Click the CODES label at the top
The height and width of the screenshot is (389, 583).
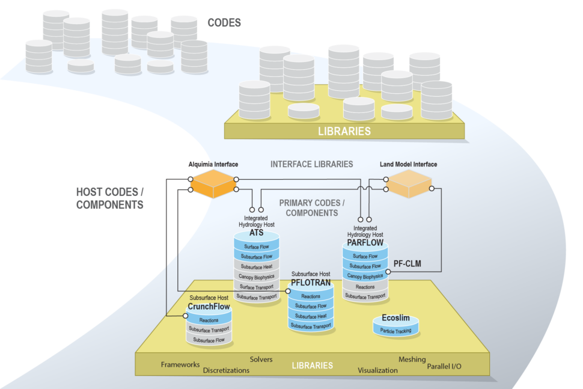224,23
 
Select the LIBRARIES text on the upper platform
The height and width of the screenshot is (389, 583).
344,130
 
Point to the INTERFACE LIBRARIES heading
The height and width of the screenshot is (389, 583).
311,164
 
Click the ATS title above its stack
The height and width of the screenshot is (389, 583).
257,232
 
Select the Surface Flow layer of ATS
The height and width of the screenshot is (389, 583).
257,247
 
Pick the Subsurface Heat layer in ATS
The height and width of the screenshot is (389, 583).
257,266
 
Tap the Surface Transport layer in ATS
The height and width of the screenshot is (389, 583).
257,286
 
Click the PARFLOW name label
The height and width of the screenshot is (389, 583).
365,242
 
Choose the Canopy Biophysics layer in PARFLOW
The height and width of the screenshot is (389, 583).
365,276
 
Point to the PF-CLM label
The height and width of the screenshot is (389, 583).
406,263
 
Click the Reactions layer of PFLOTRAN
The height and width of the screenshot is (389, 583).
311,296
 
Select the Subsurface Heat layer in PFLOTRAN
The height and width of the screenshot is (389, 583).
311,316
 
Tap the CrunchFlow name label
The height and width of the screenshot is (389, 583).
208,307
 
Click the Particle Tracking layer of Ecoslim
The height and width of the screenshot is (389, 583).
396,331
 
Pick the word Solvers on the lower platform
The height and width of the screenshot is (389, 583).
261,360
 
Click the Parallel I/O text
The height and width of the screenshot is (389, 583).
444,366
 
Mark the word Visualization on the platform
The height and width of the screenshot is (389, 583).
377,370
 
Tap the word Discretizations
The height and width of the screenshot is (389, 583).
226,370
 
